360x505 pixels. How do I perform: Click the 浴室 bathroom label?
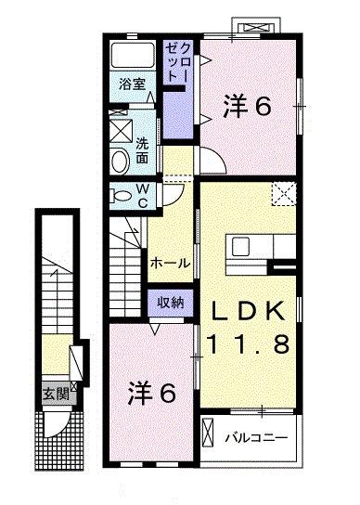point(131,84)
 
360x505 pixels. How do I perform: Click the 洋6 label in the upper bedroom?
point(246,108)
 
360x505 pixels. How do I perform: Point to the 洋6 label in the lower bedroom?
point(150,394)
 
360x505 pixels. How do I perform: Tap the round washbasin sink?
point(120,162)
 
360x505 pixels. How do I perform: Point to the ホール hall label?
point(172,263)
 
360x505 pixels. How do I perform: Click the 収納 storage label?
point(169,302)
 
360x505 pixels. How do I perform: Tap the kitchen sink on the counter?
point(241,248)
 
